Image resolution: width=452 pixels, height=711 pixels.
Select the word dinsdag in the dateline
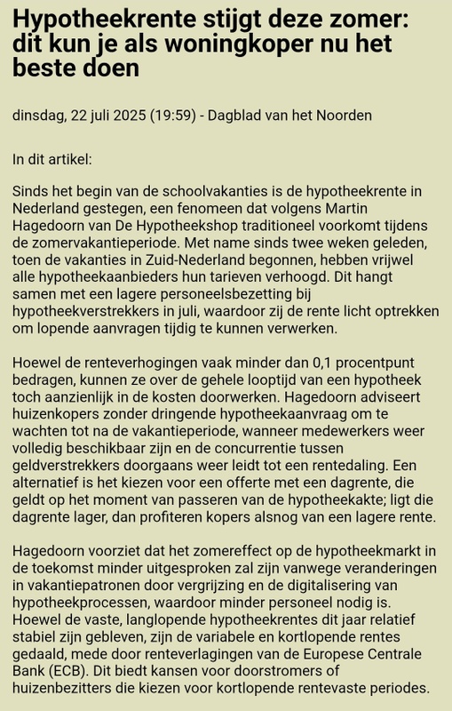point(39,116)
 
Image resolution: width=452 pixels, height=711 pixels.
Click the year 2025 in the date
point(136,116)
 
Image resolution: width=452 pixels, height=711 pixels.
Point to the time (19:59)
point(181,116)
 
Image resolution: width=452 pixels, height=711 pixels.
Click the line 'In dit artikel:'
point(52,160)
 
